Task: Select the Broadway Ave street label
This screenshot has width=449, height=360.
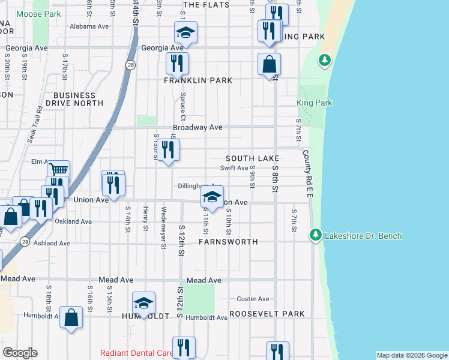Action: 197,128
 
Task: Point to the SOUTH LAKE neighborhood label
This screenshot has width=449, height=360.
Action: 253,158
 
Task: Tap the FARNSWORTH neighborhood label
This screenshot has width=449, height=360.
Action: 229,242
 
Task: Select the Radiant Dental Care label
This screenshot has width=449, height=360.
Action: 137,353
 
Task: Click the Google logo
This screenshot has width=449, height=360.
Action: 20,353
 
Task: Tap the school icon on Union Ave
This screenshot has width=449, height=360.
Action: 211,197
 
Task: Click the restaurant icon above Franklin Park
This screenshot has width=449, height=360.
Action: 177,63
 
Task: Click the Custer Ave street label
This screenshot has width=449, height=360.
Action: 253,299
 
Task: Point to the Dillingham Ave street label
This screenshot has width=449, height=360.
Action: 200,186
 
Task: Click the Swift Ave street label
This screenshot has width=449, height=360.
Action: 234,168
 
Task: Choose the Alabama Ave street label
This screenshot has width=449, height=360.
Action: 89,26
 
